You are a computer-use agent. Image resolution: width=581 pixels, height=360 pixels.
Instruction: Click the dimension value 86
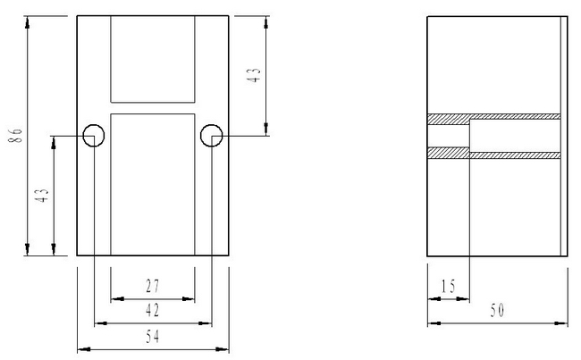(15, 136)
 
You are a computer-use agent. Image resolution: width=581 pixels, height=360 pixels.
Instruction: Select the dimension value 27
(153, 286)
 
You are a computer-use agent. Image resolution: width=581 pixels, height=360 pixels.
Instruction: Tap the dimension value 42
(153, 310)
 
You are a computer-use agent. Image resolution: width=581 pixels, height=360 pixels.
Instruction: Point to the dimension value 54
(153, 336)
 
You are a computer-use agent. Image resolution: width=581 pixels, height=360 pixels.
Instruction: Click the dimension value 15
(449, 286)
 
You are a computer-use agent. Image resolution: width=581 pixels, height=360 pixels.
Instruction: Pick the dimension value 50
(497, 310)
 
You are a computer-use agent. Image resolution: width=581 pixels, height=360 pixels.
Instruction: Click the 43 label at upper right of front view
(255, 75)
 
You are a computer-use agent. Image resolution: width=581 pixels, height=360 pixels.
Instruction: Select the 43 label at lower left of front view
(42, 195)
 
